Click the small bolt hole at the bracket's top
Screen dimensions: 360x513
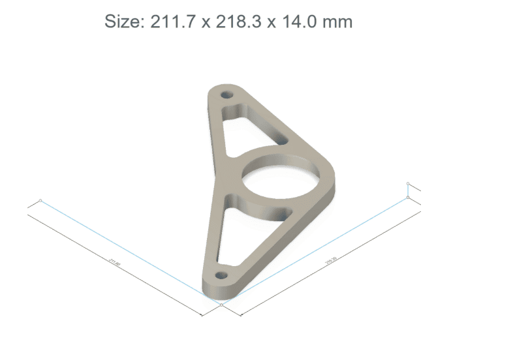227,95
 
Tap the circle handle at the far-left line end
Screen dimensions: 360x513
40,200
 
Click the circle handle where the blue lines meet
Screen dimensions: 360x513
222,304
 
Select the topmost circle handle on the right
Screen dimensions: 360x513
408,183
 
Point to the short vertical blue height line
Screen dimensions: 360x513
408,190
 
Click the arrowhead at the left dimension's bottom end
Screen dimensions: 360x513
203,314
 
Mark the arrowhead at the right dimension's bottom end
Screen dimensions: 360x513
241,314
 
